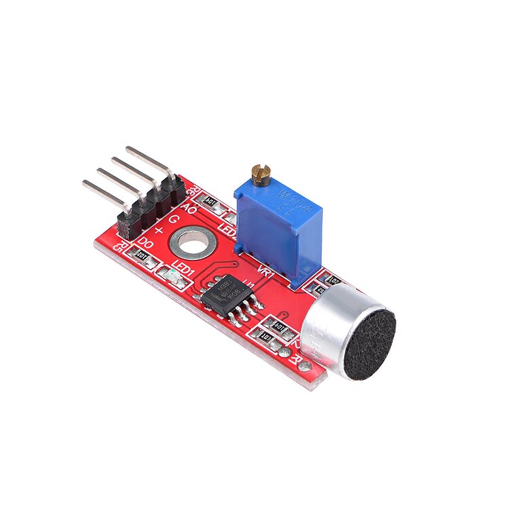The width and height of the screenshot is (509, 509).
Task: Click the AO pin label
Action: click(x=190, y=210)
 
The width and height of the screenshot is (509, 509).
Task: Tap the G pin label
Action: click(x=174, y=220)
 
